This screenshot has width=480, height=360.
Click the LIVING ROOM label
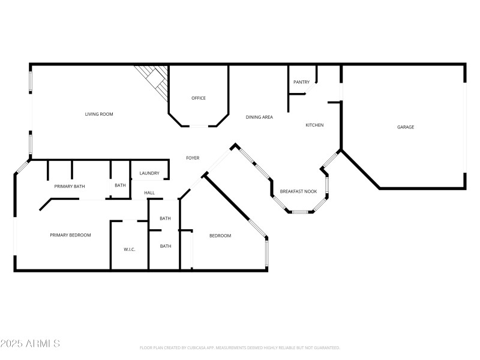click(x=98, y=114)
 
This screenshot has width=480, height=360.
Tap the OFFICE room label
click(x=199, y=98)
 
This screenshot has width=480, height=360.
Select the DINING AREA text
click(x=259, y=117)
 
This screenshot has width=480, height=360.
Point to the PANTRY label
click(x=301, y=82)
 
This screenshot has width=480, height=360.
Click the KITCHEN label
click(x=314, y=125)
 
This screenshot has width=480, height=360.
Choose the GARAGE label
click(x=406, y=127)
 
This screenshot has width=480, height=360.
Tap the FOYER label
click(x=193, y=158)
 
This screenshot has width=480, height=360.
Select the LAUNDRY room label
click(x=149, y=173)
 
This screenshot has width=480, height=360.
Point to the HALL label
click(x=149, y=193)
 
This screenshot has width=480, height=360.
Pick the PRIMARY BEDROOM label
click(x=70, y=235)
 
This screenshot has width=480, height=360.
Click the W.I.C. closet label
click(x=130, y=249)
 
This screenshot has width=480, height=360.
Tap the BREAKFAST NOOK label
click(x=298, y=191)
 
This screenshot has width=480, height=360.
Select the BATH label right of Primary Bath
click(x=120, y=185)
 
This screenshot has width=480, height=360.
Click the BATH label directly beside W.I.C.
click(x=166, y=246)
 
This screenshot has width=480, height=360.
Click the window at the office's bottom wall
click(x=199, y=125)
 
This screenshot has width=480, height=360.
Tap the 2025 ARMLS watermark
click(x=30, y=344)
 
